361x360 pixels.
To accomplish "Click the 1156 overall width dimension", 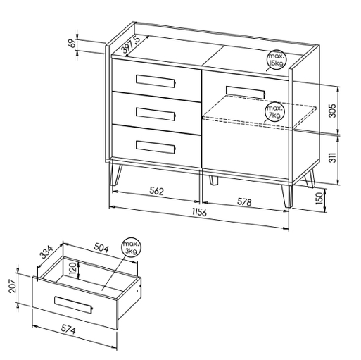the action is [x=199, y=212].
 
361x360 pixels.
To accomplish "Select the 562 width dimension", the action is [x=156, y=191].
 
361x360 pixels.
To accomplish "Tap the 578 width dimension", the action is [x=244, y=202].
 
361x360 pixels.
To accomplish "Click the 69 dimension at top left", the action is [x=73, y=43].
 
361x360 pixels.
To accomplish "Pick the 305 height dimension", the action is [x=332, y=111].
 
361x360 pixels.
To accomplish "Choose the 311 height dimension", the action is [x=332, y=157].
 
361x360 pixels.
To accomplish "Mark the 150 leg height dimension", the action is [x=319, y=198].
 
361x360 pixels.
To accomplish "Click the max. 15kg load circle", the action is [x=277, y=60].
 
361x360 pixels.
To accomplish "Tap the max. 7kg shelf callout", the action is [x=274, y=112].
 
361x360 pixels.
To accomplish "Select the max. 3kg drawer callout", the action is [x=132, y=247].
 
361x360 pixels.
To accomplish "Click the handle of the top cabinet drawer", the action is [x=156, y=81].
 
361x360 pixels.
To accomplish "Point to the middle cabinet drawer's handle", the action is [x=156, y=114].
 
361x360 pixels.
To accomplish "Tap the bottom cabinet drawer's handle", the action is [x=156, y=147].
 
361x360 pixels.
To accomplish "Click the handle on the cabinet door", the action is [x=246, y=92].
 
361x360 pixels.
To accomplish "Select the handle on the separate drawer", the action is [x=74, y=304].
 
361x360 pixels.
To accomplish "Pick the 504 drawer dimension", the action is [x=101, y=248].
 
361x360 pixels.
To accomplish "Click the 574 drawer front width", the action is [x=68, y=329].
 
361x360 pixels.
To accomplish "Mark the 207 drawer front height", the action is [x=13, y=286].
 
